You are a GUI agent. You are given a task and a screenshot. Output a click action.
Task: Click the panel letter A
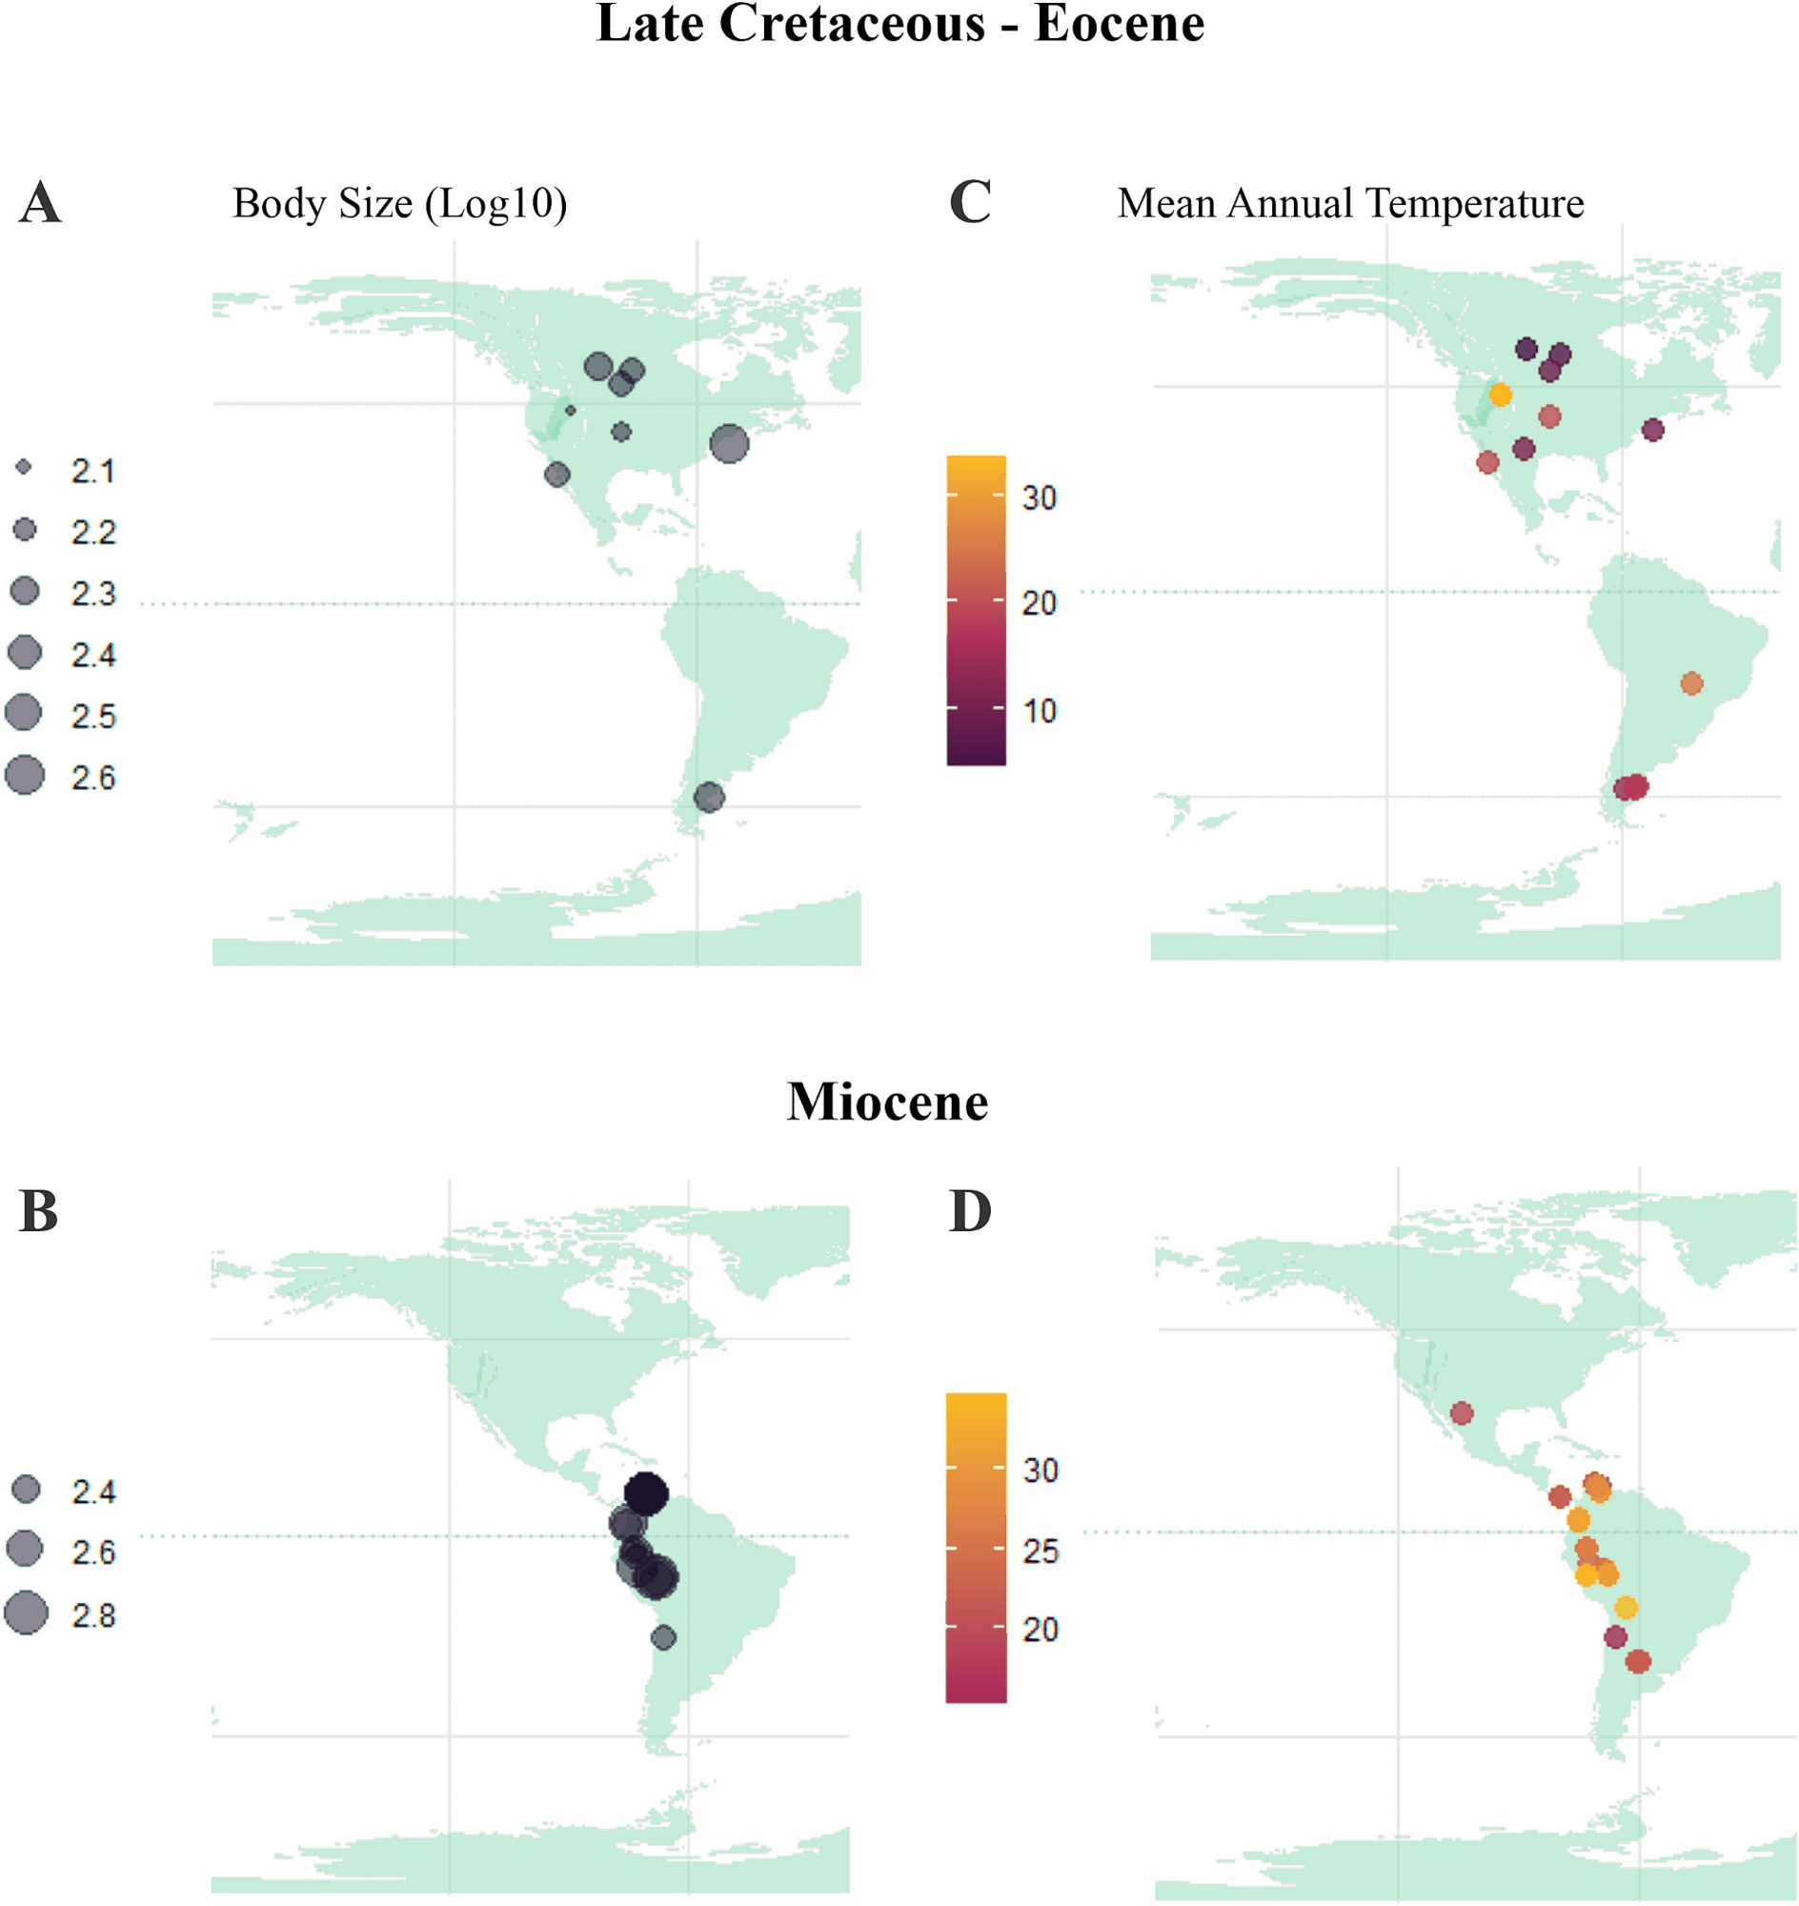pos(40,202)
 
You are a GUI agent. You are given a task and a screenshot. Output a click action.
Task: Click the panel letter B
pos(38,1211)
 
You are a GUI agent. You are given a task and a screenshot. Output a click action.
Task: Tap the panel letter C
pos(969,202)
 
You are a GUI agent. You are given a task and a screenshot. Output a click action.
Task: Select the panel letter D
pos(969,1211)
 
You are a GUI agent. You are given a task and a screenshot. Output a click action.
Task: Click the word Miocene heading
pos(887,1103)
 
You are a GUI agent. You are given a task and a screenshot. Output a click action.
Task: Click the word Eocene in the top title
pos(1119,24)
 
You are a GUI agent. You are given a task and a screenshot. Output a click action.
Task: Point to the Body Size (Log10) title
pos(400,203)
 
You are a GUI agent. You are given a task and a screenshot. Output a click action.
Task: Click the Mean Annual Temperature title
pos(1350,203)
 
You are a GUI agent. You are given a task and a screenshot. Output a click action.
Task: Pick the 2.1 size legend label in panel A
pos(93,471)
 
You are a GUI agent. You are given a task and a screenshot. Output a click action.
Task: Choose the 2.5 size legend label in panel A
pos(93,717)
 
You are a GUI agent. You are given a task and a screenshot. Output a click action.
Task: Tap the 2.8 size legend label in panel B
pos(93,1616)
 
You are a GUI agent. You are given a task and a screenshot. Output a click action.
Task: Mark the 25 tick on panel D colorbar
pos(1041,1551)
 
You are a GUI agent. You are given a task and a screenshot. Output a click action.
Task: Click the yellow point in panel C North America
pos(1501,395)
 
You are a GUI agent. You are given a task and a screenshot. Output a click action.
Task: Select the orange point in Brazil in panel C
pos(1691,683)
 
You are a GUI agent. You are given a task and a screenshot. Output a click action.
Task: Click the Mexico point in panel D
pos(1462,1413)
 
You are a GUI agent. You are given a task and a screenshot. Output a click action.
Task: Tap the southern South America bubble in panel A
pos(709,796)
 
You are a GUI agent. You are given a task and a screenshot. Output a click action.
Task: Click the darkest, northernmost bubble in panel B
pos(645,1492)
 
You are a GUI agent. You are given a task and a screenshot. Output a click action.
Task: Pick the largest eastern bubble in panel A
pos(730,443)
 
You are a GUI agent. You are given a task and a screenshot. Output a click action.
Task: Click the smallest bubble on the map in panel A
pos(571,411)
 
